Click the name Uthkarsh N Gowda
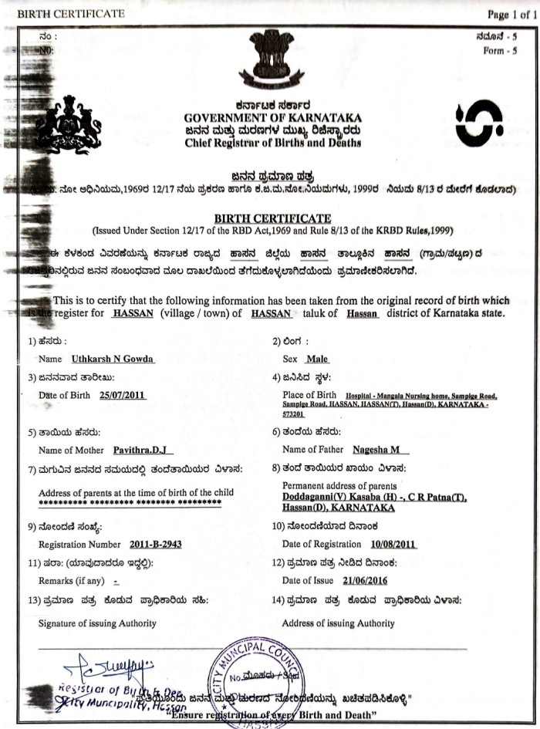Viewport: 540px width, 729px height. (x=112, y=359)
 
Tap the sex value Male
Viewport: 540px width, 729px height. (x=317, y=359)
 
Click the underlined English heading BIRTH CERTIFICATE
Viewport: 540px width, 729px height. (x=272, y=219)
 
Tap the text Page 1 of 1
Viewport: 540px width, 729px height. (x=511, y=14)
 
